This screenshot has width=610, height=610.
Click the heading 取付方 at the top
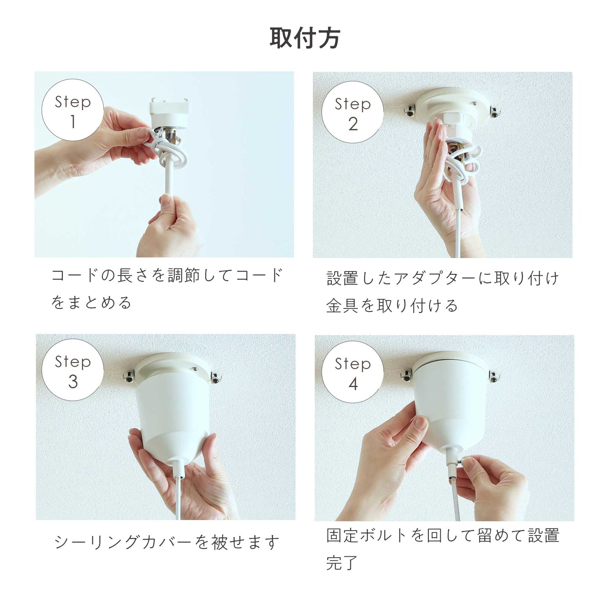305,38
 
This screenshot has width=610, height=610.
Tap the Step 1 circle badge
73,110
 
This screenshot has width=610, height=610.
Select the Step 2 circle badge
352,112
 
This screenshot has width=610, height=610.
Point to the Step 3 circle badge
73,369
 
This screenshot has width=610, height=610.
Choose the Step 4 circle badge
352,371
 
